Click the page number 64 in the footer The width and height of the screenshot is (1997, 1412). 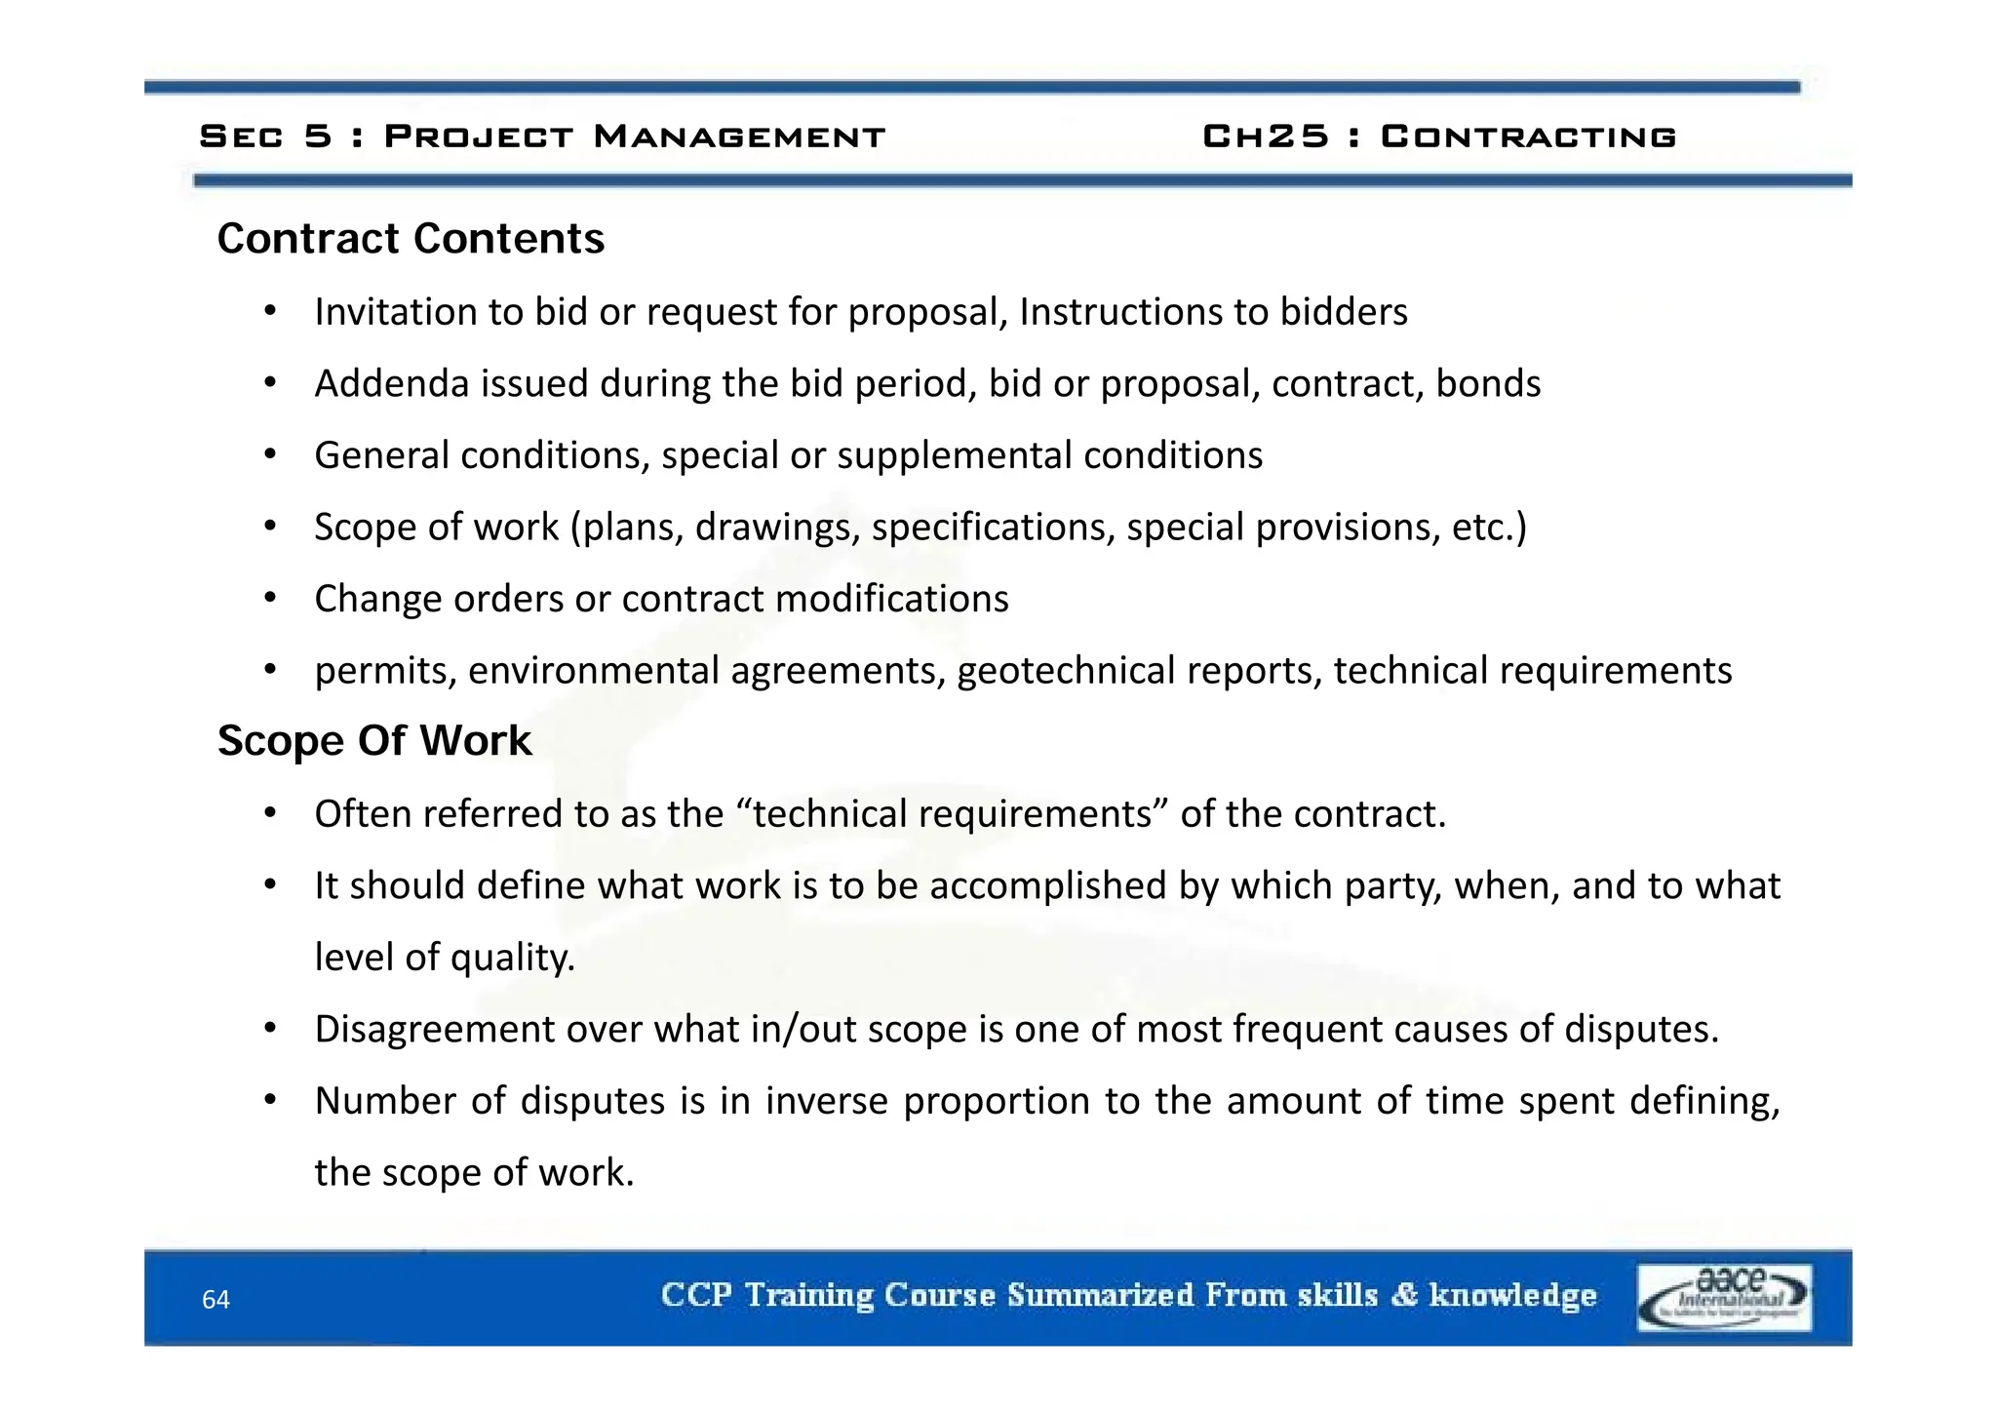215,1300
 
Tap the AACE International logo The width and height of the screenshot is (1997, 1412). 1724,1297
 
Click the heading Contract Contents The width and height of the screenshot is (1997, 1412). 411,239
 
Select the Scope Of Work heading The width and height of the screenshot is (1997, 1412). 374,741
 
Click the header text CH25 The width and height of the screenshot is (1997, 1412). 1266,137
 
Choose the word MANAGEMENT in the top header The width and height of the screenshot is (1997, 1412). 739,137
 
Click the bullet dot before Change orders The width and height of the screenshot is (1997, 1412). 270,598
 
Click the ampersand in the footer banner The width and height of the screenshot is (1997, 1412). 1403,1295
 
